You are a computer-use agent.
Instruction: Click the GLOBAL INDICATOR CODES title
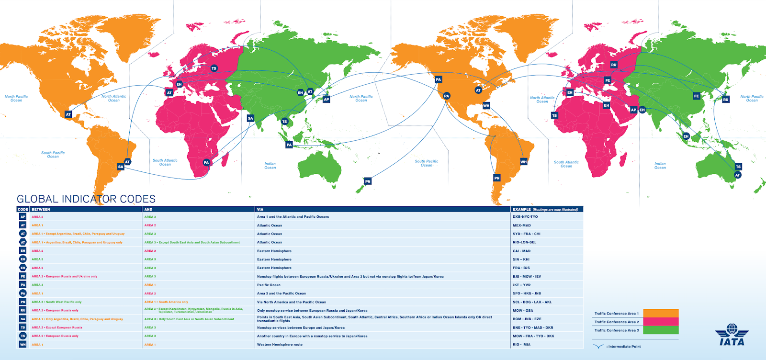(86, 199)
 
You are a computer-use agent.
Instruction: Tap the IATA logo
(732, 335)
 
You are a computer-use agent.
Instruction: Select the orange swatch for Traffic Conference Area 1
(661, 314)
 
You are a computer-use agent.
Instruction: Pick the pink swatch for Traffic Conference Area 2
(661, 322)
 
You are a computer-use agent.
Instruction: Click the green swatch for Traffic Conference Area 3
(661, 330)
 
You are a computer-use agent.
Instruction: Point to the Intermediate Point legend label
(624, 347)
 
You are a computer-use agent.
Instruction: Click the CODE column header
(23, 209)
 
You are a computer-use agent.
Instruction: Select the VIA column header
(260, 209)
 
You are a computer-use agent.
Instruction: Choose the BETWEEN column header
(41, 209)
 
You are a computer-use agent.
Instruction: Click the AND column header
(148, 209)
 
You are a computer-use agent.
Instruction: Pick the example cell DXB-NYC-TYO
(525, 217)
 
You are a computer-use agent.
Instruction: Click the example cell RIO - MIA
(522, 345)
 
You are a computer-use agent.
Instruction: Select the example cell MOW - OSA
(523, 311)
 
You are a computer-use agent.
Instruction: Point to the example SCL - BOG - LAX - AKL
(532, 302)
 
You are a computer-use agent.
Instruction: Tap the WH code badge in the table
(23, 345)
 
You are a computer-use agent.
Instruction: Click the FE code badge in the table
(23, 276)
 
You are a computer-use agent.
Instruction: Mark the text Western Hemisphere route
(280, 345)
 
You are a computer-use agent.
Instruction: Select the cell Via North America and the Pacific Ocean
(291, 302)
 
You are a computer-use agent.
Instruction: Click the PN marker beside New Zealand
(368, 181)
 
